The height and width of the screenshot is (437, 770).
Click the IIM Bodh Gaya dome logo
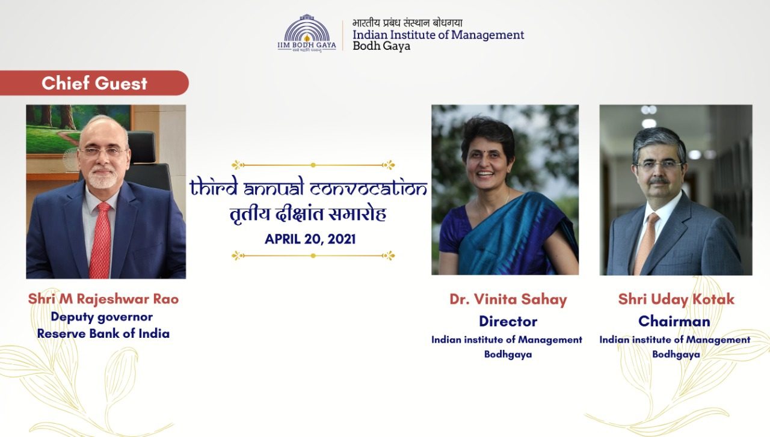point(307,33)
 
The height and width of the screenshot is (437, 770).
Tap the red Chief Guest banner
point(94,83)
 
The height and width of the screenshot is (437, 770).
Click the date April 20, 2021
point(310,239)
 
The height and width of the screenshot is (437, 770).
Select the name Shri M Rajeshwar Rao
point(103,299)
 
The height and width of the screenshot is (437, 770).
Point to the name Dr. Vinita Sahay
point(508,299)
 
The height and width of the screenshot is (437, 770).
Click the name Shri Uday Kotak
point(676,299)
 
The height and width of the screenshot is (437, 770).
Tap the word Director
point(508,322)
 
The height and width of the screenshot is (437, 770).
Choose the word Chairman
point(674,322)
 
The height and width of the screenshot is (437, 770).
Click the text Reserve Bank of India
point(103,334)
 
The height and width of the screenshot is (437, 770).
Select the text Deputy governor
point(102,317)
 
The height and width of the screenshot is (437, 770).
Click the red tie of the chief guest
point(100,240)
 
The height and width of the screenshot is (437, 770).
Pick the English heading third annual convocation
point(309,187)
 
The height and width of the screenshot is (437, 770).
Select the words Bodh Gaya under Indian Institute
point(381,46)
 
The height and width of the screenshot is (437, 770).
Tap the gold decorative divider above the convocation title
point(313,165)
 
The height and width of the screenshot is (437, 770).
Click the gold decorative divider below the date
point(313,255)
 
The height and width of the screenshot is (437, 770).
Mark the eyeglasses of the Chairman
point(659,165)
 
